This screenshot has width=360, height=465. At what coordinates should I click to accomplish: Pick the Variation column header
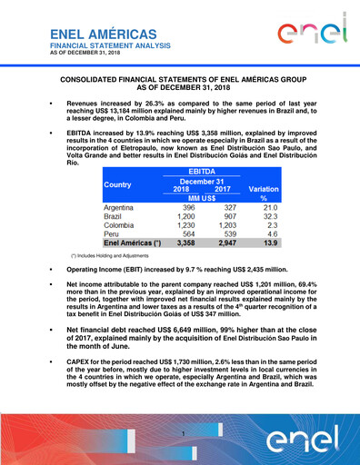pos(264,189)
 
